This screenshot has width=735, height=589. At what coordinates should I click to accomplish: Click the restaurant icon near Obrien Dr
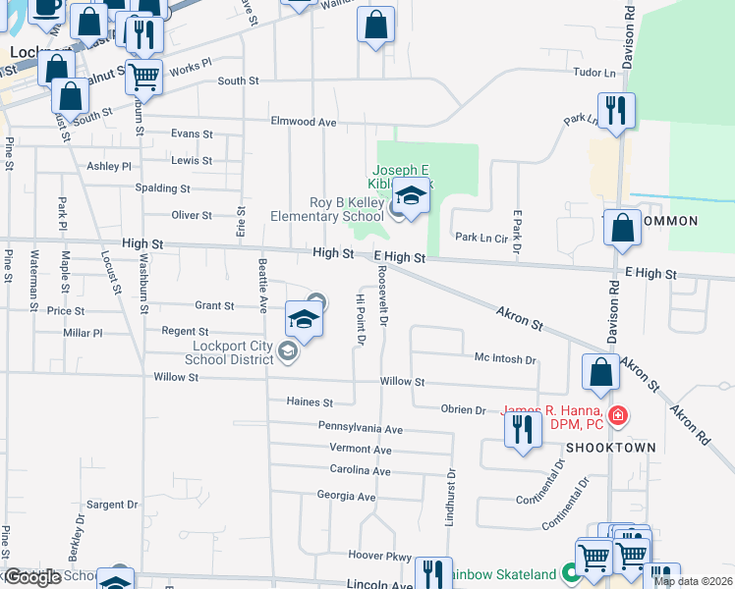[x=523, y=429]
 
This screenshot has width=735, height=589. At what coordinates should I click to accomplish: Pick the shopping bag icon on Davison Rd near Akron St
[x=600, y=373]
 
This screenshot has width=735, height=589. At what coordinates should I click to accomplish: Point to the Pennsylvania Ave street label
[x=360, y=428]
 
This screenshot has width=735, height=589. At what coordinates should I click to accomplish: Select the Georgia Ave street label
[x=346, y=496]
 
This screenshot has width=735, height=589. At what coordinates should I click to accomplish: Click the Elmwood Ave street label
[x=304, y=123]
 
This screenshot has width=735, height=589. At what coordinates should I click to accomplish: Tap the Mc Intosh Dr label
[x=504, y=359]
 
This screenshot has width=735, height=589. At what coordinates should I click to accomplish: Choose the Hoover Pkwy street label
[x=378, y=555]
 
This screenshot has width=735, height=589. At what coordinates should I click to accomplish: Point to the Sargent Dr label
[x=111, y=505]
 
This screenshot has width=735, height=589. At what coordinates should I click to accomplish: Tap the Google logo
[x=32, y=577]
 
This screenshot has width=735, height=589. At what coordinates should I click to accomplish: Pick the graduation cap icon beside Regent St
[x=305, y=318]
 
